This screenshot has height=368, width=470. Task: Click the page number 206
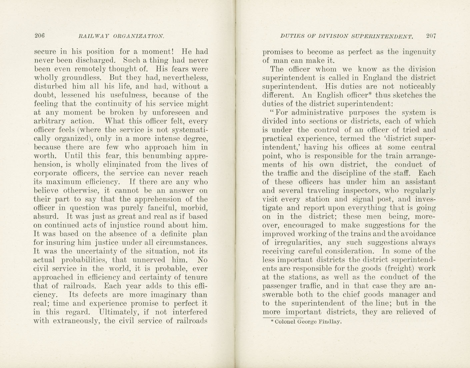point(40,35)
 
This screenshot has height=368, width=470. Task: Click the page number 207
point(431,36)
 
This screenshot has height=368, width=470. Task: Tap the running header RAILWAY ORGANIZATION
point(121,36)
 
